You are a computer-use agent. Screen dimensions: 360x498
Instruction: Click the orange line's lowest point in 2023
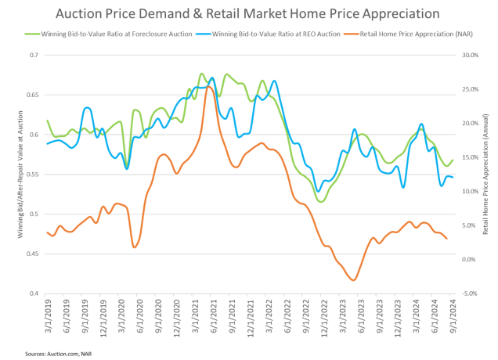click(x=354, y=280)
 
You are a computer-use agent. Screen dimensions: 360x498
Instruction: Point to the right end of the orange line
click(x=446, y=238)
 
